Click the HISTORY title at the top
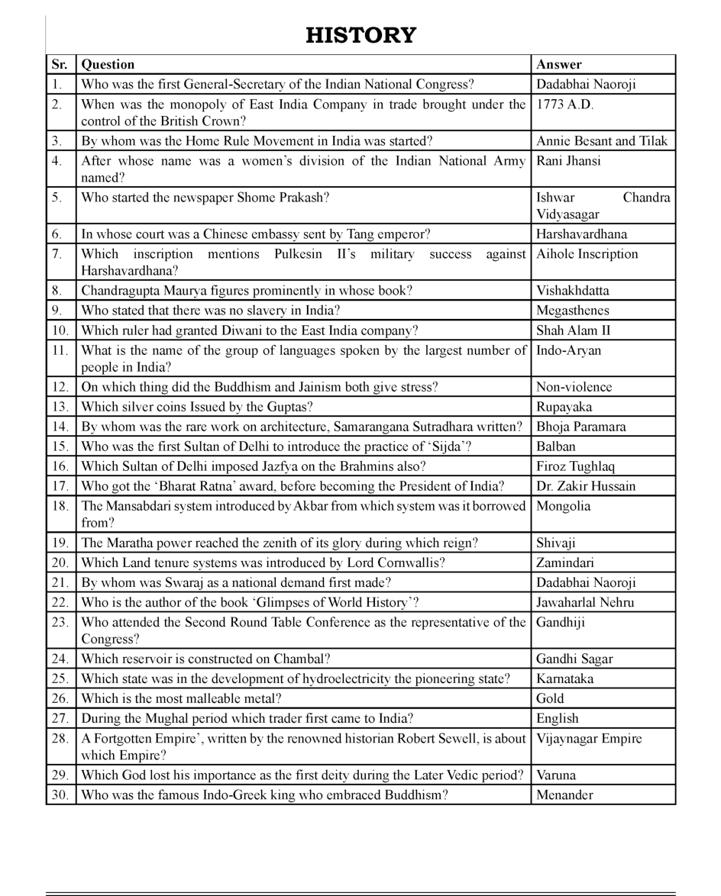360,35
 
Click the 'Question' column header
108,65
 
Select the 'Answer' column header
558,65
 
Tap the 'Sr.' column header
60,65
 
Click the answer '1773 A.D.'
564,105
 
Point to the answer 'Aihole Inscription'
587,254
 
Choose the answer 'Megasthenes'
572,311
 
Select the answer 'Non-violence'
574,387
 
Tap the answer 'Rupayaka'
564,407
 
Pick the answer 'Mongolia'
563,506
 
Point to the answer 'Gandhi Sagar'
574,659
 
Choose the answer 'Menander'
564,794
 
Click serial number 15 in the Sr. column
60,446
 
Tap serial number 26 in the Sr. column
60,698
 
